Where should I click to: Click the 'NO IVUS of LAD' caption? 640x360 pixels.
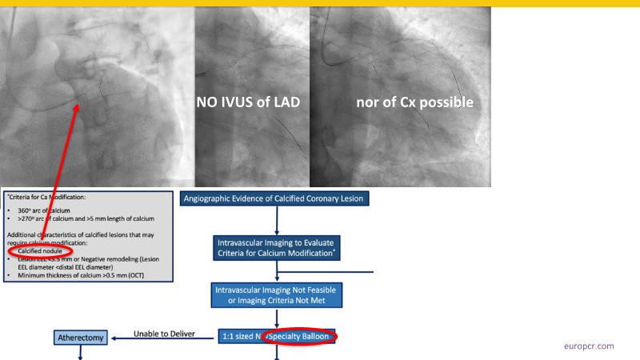(248, 102)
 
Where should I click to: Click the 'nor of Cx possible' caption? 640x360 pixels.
(414, 102)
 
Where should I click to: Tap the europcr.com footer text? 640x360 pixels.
(589, 346)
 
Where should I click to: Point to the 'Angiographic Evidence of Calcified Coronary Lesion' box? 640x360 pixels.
(277, 198)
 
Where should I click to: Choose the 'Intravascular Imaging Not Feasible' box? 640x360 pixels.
(277, 294)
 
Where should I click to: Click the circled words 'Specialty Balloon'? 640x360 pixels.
(302, 338)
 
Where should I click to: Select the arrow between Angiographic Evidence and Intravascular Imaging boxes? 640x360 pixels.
(277, 221)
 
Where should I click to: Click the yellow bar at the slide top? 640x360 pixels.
(320, 3)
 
